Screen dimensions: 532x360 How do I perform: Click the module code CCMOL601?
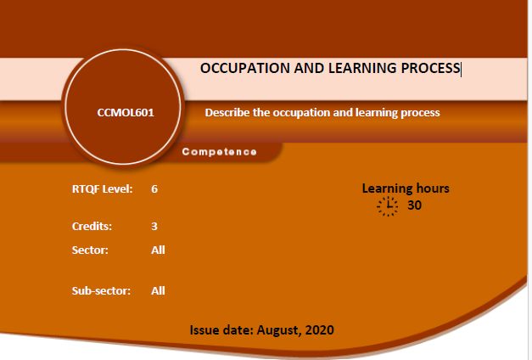coord(126,112)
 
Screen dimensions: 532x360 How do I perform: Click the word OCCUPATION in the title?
coord(245,68)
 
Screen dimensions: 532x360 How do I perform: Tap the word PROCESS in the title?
coord(430,68)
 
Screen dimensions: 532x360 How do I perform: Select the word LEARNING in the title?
coord(362,68)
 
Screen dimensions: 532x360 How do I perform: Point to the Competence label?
coord(219,152)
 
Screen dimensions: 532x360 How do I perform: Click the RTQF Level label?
coord(102,188)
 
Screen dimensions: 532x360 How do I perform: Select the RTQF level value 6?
coord(154,188)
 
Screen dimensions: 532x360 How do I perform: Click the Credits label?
coord(92,226)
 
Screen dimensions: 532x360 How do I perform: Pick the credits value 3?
coord(154,226)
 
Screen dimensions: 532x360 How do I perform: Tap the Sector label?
coord(90,250)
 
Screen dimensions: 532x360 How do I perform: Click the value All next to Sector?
coord(158,250)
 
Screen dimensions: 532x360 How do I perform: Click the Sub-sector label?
coord(101,290)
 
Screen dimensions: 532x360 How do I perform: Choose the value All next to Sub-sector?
coord(158,290)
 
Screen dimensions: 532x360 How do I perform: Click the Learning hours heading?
coord(406,188)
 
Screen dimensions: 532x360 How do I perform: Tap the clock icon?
coord(387,205)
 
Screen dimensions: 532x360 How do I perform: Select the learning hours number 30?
coord(414,205)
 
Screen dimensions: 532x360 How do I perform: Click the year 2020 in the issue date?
coord(319,329)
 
